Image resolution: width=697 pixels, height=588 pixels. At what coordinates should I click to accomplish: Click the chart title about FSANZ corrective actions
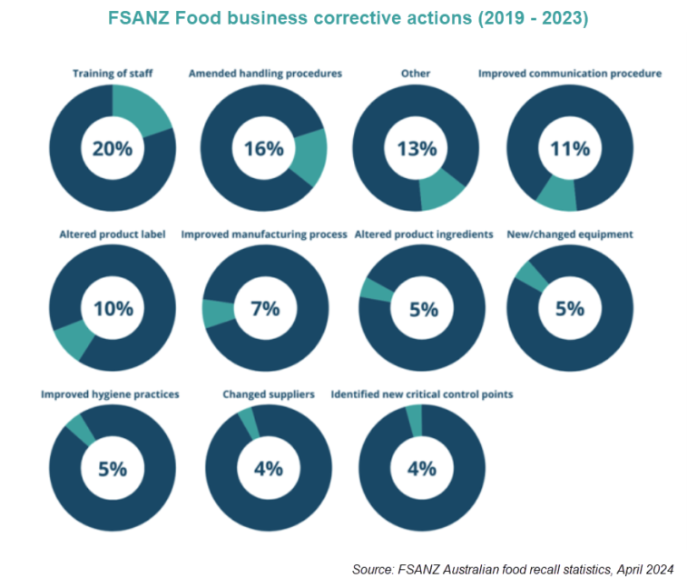pyautogui.click(x=348, y=18)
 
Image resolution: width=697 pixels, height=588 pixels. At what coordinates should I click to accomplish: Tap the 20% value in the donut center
pyautogui.click(x=113, y=148)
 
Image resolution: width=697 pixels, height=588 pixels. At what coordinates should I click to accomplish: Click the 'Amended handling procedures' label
pyautogui.click(x=265, y=74)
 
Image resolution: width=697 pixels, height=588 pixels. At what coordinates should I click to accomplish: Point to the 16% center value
pyautogui.click(x=264, y=148)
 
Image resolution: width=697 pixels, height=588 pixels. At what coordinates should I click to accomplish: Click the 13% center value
pyautogui.click(x=417, y=148)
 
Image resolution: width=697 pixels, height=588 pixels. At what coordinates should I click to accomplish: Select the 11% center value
pyautogui.click(x=570, y=148)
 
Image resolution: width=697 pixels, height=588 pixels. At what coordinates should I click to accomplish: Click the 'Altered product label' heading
pyautogui.click(x=112, y=234)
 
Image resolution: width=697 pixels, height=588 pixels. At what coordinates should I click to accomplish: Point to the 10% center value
pyautogui.click(x=113, y=308)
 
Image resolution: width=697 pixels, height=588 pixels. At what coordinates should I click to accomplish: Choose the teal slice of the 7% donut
pyautogui.click(x=217, y=314)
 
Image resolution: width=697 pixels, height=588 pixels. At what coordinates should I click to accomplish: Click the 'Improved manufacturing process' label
pyautogui.click(x=264, y=234)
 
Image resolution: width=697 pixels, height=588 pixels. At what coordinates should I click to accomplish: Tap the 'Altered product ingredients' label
pyautogui.click(x=424, y=234)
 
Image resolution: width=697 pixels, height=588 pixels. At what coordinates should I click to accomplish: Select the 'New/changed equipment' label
pyautogui.click(x=570, y=234)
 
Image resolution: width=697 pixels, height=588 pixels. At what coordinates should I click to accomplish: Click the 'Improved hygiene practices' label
pyautogui.click(x=110, y=394)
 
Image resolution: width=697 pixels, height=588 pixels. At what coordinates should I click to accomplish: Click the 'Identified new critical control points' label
pyautogui.click(x=422, y=394)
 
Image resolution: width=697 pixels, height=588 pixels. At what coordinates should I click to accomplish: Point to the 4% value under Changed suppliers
pyautogui.click(x=269, y=469)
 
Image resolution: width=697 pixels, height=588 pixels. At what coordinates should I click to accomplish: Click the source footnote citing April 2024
pyautogui.click(x=513, y=570)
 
